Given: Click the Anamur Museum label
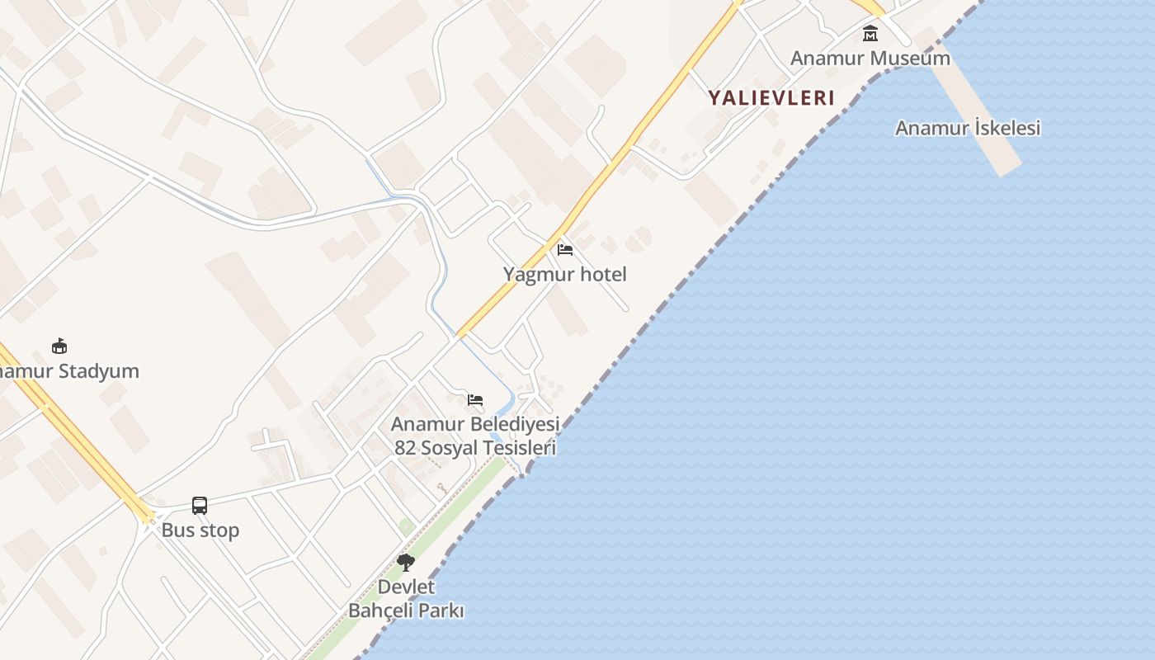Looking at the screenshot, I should [x=870, y=58].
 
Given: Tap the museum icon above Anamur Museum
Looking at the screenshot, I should [x=870, y=34].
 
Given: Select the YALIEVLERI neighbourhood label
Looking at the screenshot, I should [x=771, y=97].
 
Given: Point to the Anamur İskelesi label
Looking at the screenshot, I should [x=967, y=128].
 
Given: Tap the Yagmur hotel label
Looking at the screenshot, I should [x=564, y=274].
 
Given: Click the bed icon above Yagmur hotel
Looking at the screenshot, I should [x=565, y=249].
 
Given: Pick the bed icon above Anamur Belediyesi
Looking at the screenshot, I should [x=475, y=400].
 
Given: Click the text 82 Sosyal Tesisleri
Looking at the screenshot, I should [x=474, y=448].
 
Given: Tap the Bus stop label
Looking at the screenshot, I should [x=200, y=530].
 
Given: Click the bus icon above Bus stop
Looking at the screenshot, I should [x=200, y=505].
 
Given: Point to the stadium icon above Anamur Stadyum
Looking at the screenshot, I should [x=59, y=346].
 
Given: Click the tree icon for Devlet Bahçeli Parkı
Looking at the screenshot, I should [x=405, y=563].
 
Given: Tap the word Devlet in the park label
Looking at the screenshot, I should [x=406, y=587].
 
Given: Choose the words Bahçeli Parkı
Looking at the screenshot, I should [x=406, y=610].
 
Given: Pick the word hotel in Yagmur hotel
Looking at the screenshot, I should [x=603, y=274].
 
